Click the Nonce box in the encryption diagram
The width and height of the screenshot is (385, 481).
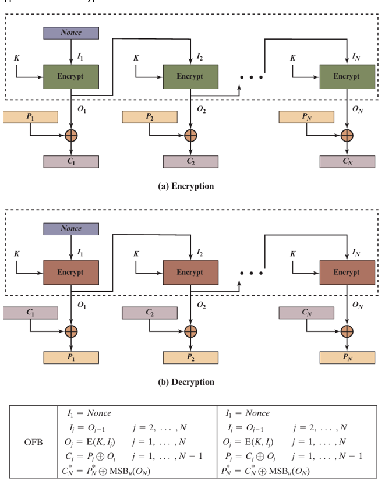coord(71,33)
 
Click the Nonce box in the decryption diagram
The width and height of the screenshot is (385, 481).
coord(71,229)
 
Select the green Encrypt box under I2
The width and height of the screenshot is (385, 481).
coord(190,76)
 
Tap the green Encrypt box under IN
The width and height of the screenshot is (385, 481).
coord(347,76)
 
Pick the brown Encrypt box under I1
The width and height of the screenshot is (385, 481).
coord(71,272)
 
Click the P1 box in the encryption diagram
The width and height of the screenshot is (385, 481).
coord(30,116)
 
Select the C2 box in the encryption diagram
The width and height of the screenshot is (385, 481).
coord(190,161)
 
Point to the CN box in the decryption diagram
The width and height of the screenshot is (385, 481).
coord(306,313)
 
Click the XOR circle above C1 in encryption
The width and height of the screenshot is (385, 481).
coord(71,136)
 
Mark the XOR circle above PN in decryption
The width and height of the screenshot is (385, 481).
coord(347,331)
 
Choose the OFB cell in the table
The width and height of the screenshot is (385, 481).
coord(33,441)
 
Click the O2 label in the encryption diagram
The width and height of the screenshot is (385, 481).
coord(201,109)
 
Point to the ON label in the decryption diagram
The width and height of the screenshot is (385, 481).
coord(358,305)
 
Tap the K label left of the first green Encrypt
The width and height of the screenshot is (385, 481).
coord(17,58)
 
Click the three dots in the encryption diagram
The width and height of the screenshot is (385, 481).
coord(252,77)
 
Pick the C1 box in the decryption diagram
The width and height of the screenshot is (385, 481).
coord(30,313)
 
